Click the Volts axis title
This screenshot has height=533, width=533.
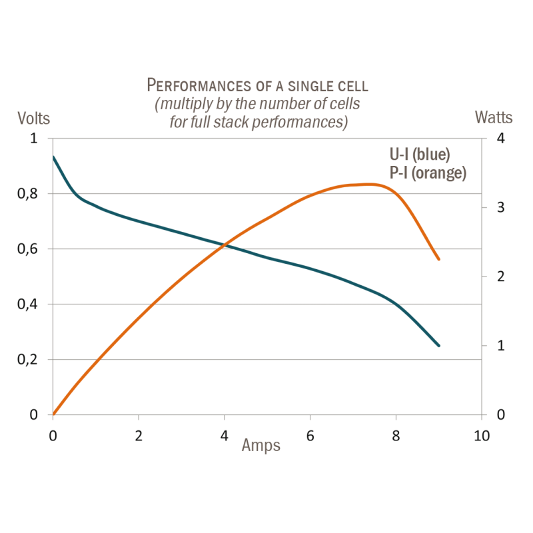click(x=33, y=118)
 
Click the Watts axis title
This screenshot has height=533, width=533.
click(x=494, y=117)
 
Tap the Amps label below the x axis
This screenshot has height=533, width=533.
click(x=261, y=446)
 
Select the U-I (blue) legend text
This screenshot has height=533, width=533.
click(x=420, y=155)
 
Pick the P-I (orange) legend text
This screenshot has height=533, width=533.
click(x=427, y=172)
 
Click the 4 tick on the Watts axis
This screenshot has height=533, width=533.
click(x=496, y=139)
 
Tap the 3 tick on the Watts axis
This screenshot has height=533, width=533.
click(x=496, y=208)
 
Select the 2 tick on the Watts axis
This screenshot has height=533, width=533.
click(x=496, y=276)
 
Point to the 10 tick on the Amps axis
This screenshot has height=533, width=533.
click(x=482, y=436)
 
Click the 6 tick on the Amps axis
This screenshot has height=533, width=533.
click(x=310, y=436)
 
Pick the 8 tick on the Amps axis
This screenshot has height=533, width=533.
click(x=396, y=436)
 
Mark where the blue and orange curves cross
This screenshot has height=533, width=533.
click(x=227, y=246)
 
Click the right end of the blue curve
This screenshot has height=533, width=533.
click(x=438, y=346)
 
